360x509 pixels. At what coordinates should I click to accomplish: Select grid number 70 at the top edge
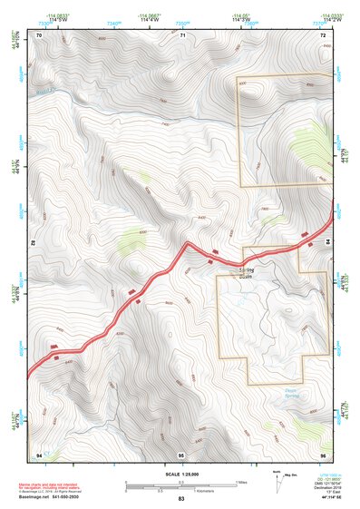[x=41, y=34]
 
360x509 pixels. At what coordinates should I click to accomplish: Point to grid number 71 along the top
[x=182, y=34]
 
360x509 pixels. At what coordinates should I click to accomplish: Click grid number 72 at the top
[x=323, y=34]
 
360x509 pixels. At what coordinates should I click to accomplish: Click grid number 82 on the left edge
[x=33, y=244]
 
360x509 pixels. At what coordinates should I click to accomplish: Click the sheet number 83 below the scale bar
[x=181, y=500]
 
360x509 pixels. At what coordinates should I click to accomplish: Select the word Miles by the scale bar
[x=241, y=482]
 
